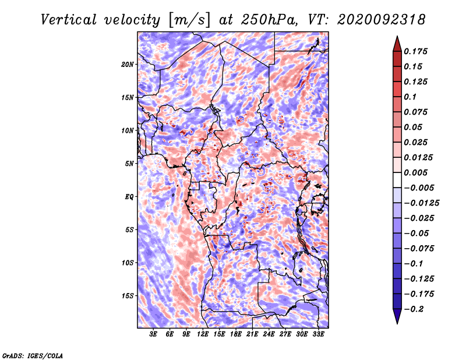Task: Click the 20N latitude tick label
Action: click(x=127, y=65)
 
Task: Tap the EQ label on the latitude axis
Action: click(x=129, y=197)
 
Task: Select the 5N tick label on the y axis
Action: click(x=129, y=164)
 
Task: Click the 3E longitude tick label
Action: click(x=153, y=334)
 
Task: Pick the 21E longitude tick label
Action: click(x=252, y=334)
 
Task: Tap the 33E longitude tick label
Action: click(x=318, y=334)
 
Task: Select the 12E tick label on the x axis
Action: click(x=203, y=334)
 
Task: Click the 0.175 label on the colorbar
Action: click(x=415, y=51)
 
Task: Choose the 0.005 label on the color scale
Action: click(x=415, y=172)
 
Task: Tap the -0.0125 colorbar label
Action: click(x=421, y=203)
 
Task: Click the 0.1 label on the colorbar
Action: click(x=410, y=97)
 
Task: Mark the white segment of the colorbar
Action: click(x=397, y=180)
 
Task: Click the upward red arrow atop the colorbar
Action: click(x=397, y=44)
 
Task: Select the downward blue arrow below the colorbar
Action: click(x=397, y=316)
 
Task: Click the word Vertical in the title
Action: click(x=69, y=20)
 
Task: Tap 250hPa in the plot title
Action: click(x=269, y=20)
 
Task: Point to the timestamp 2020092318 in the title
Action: click(x=382, y=20)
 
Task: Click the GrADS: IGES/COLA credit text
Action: click(x=33, y=356)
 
